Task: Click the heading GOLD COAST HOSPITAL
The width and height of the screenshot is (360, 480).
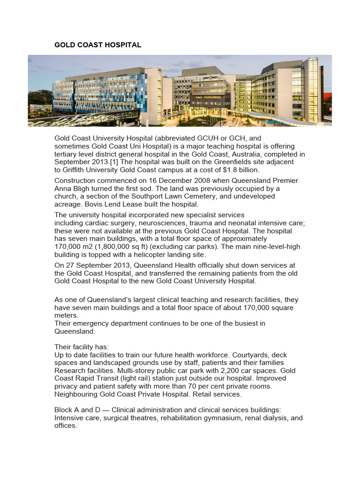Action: tap(97, 45)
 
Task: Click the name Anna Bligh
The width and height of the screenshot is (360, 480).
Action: tap(73, 189)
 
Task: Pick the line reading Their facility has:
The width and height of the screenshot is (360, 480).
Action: tap(82, 347)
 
